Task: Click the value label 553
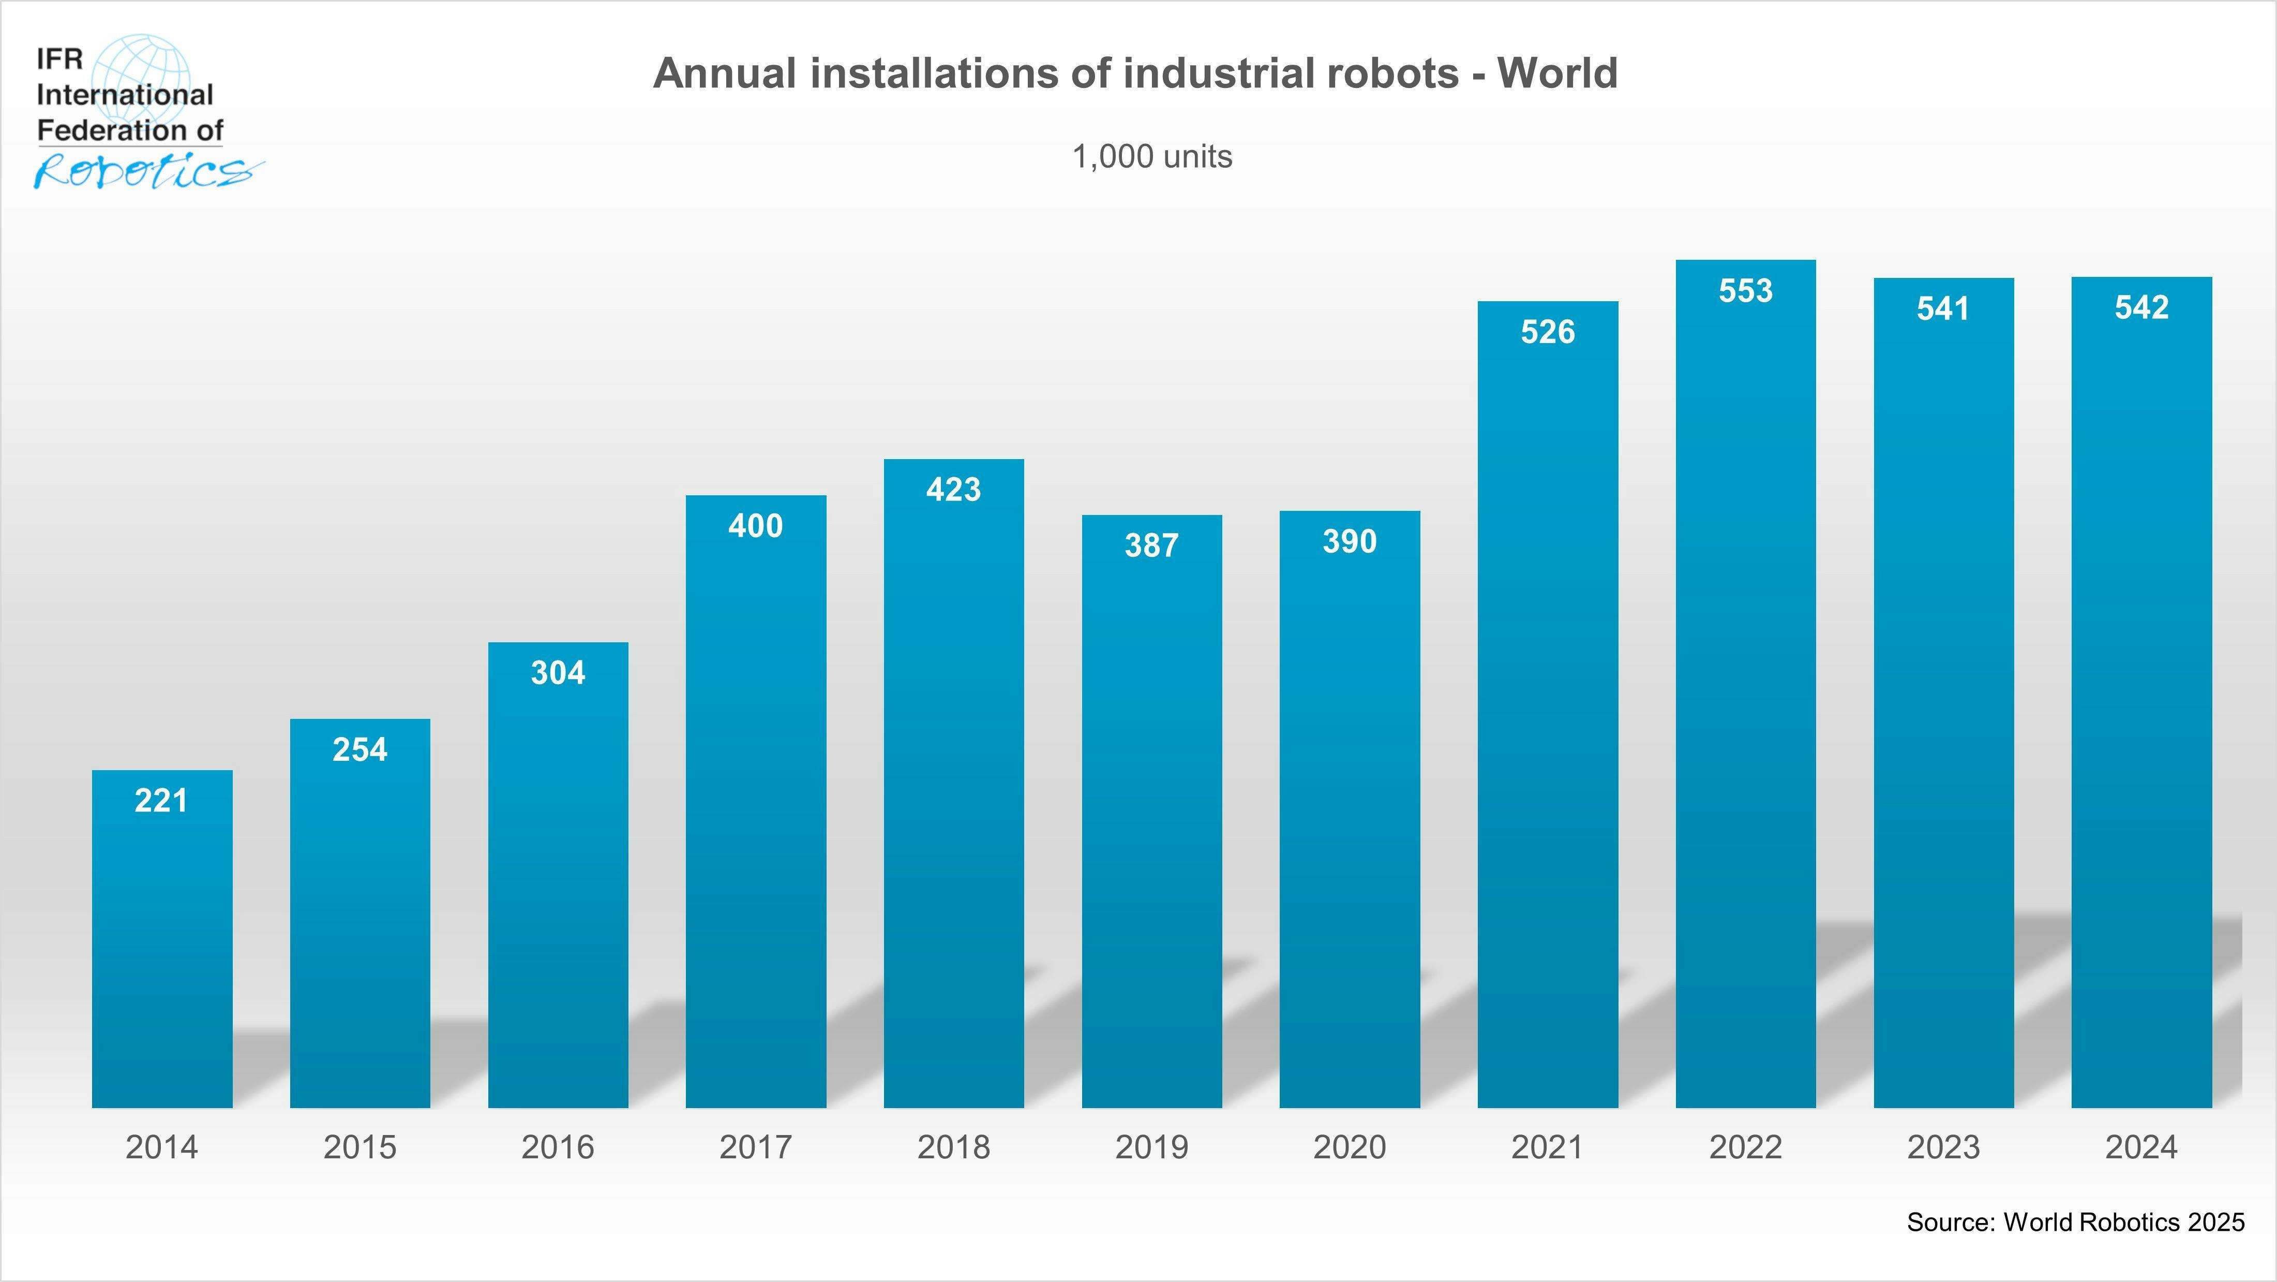[1746, 291]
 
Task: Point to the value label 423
[954, 490]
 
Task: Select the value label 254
[360, 750]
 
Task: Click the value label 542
[2142, 307]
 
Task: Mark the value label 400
[756, 526]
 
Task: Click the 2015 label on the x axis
[360, 1147]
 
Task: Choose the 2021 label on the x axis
[1548, 1147]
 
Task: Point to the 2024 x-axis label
[2142, 1147]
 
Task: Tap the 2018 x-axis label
[954, 1147]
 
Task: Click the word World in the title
[1557, 73]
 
